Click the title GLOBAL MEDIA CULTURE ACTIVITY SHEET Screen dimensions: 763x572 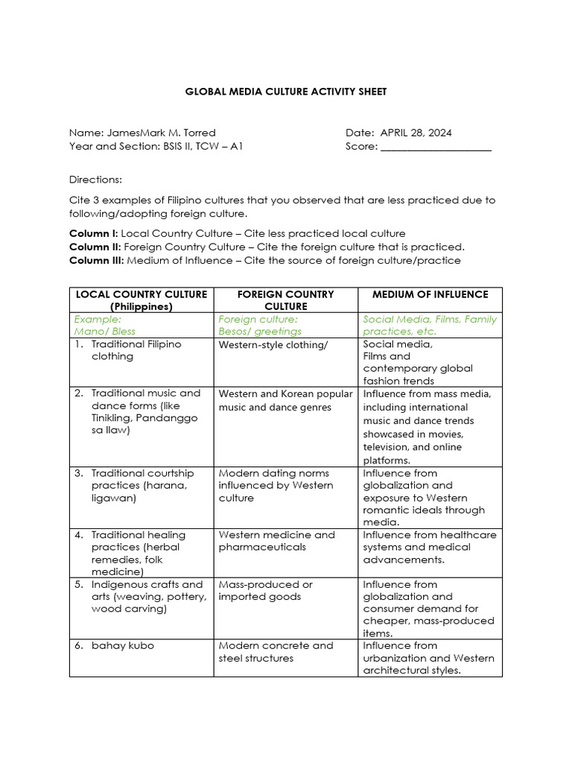285,92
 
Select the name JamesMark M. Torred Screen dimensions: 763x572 161,133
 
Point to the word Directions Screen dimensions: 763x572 95,180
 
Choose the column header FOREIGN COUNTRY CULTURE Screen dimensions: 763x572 285,300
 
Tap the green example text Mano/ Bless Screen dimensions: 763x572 105,331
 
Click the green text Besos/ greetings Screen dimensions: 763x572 260,331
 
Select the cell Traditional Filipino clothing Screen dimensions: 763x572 136,350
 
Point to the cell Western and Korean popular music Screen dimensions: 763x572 285,400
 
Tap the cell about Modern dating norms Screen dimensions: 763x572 276,485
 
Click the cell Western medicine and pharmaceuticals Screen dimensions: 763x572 276,541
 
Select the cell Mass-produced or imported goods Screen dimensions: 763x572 265,590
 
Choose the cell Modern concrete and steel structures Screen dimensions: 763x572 276,651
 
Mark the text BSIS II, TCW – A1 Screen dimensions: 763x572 203,147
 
